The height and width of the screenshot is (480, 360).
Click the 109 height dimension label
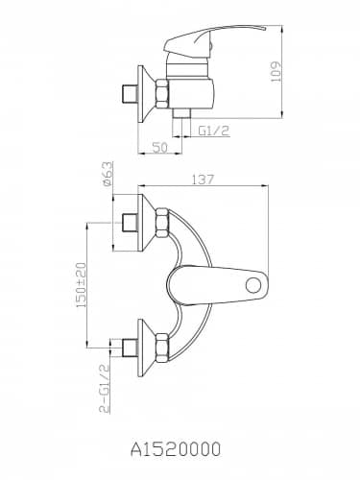point(276,71)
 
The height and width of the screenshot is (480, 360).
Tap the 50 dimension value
point(159,148)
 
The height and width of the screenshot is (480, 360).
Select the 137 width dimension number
point(203,180)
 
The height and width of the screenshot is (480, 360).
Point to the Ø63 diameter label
point(108,174)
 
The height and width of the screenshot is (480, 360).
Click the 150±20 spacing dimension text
point(81,285)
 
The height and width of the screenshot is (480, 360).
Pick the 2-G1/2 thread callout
point(105,388)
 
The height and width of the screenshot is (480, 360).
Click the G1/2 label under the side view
point(214,131)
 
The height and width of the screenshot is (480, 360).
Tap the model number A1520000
point(176,449)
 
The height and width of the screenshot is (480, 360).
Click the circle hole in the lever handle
point(253,284)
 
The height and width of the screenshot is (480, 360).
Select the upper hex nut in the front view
point(161,223)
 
